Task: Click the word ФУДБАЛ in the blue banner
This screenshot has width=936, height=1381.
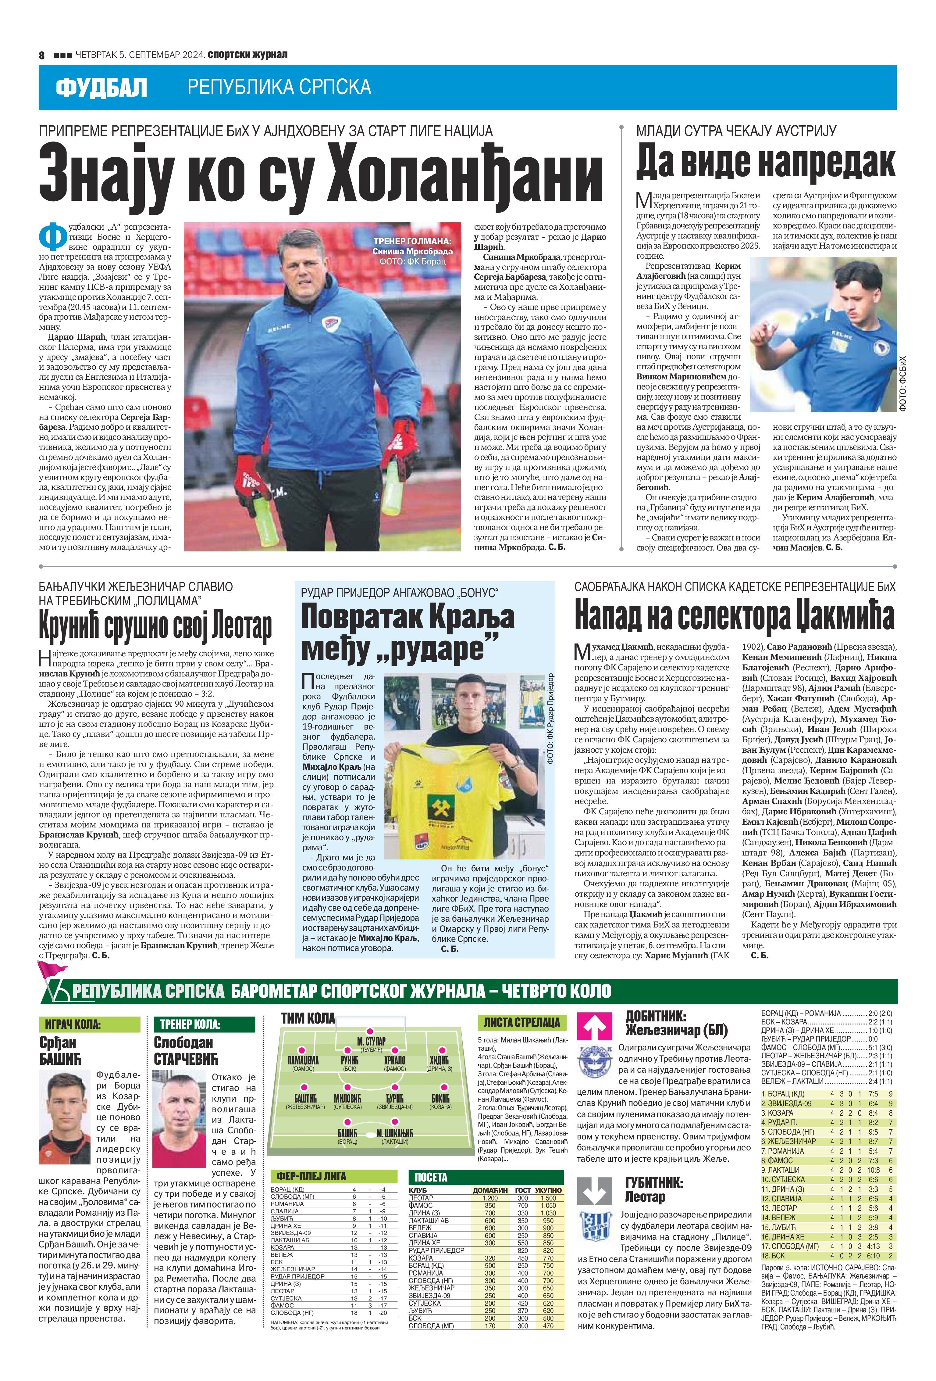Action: [101, 88]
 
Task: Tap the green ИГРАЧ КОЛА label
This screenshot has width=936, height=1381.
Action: [89, 1024]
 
